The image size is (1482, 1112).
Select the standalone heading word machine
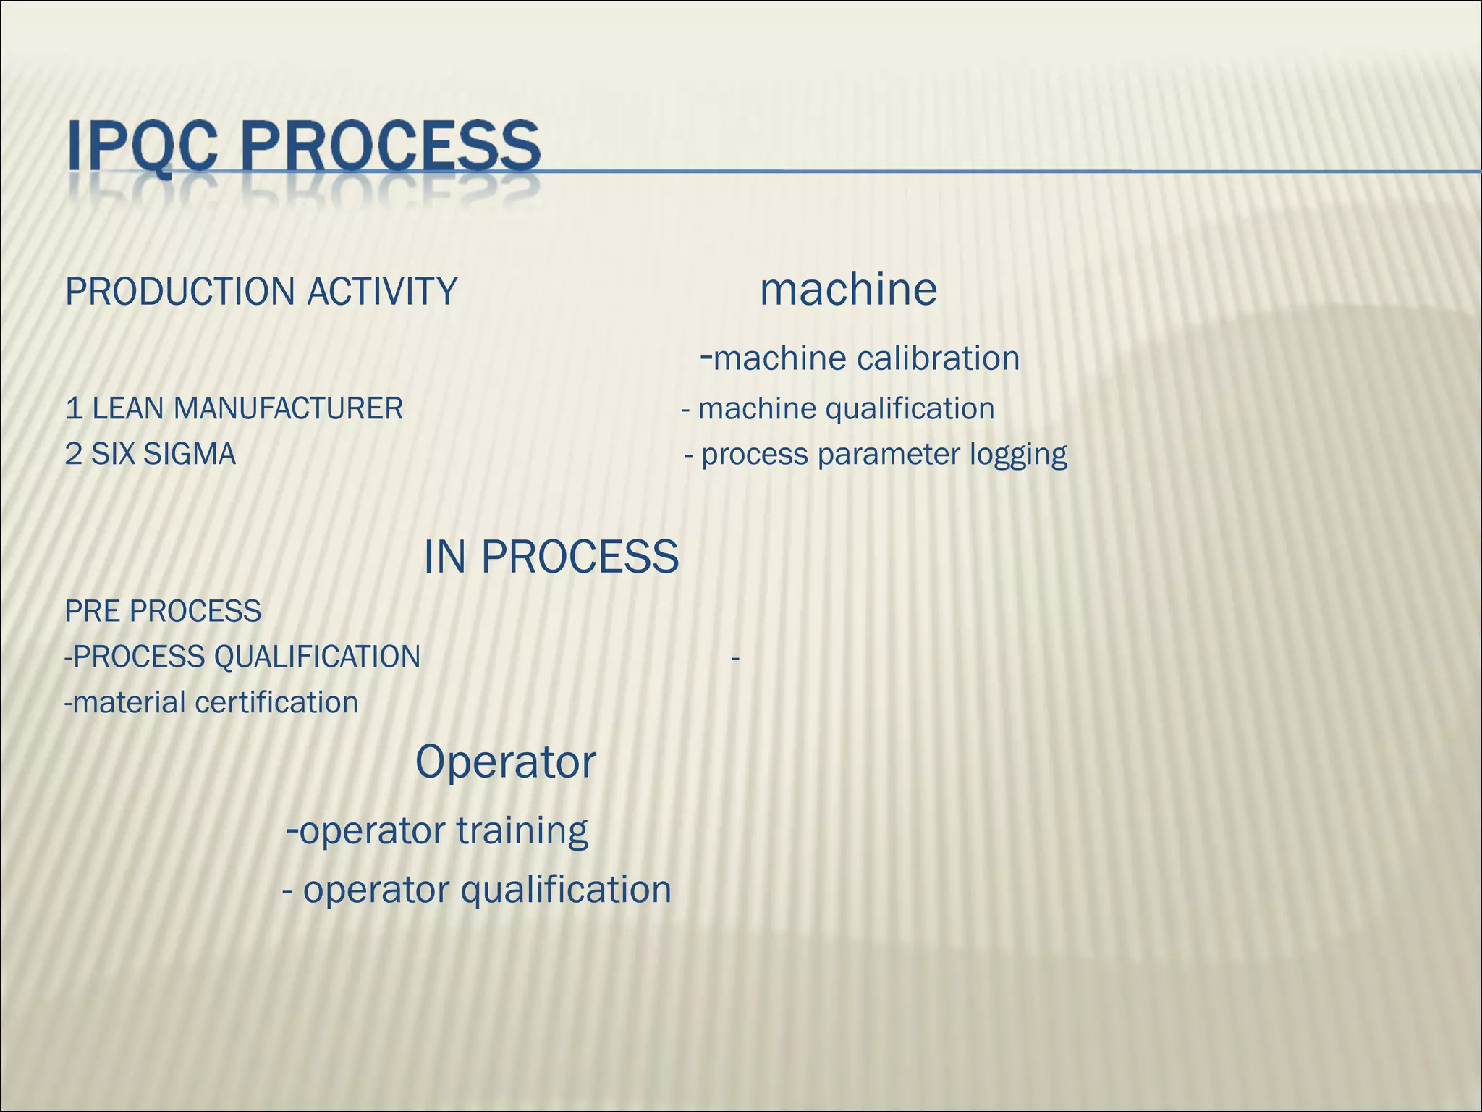[x=848, y=290]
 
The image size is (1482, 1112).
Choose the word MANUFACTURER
[x=288, y=409]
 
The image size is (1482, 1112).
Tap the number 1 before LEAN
[x=73, y=409]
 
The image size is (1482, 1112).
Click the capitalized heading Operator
[x=505, y=762]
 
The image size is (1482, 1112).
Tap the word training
[x=522, y=831]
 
